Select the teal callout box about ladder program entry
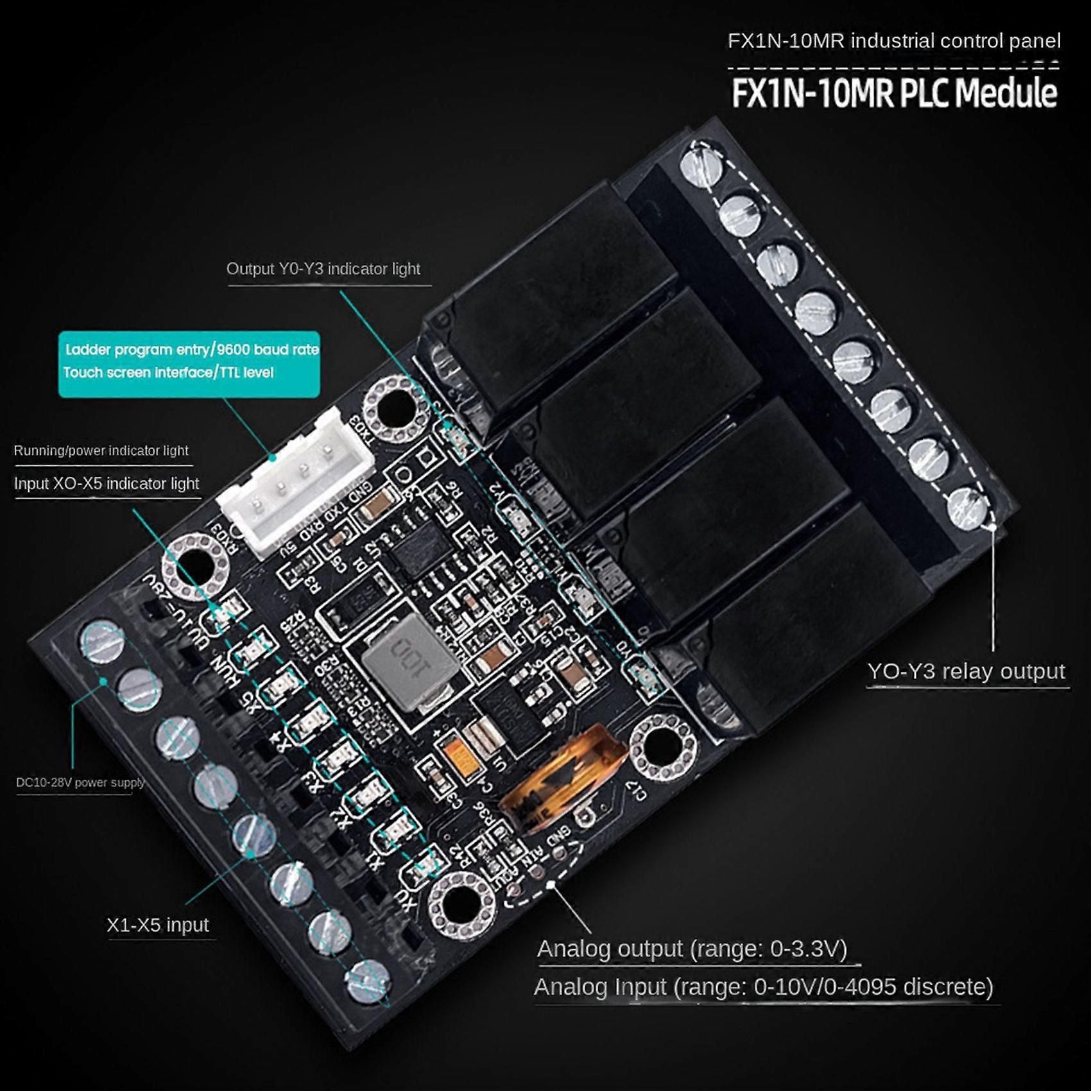click(x=189, y=363)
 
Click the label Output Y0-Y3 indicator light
click(x=323, y=269)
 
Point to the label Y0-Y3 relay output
click(x=966, y=671)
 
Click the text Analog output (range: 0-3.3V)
click(x=692, y=949)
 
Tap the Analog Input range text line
click(x=763, y=986)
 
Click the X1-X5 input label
click(x=157, y=925)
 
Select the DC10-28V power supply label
click(x=80, y=782)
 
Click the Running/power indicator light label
click(x=101, y=451)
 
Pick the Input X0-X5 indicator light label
click(x=107, y=483)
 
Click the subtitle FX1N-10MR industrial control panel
click(x=893, y=41)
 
